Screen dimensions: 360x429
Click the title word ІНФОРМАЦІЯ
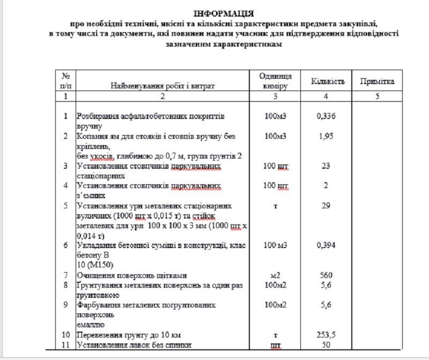pos(224,13)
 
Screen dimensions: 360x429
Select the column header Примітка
pos(377,81)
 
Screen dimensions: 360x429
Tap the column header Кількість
pos(326,81)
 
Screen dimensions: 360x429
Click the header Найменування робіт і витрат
pos(162,86)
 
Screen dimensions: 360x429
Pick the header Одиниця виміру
pos(275,81)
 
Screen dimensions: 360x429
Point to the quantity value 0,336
pos(326,116)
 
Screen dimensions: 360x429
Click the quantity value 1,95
pos(326,136)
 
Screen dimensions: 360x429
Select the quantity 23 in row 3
pos(326,166)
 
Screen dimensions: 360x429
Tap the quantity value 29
pos(326,206)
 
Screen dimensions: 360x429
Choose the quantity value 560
pos(326,275)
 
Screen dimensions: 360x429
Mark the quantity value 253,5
pos(326,335)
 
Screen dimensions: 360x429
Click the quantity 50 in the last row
pos(326,345)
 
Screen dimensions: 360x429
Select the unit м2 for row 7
pos(275,275)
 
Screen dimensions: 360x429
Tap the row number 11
pos(66,345)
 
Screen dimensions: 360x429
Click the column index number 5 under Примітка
pos(377,96)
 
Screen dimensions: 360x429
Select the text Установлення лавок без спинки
pos(134,345)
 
